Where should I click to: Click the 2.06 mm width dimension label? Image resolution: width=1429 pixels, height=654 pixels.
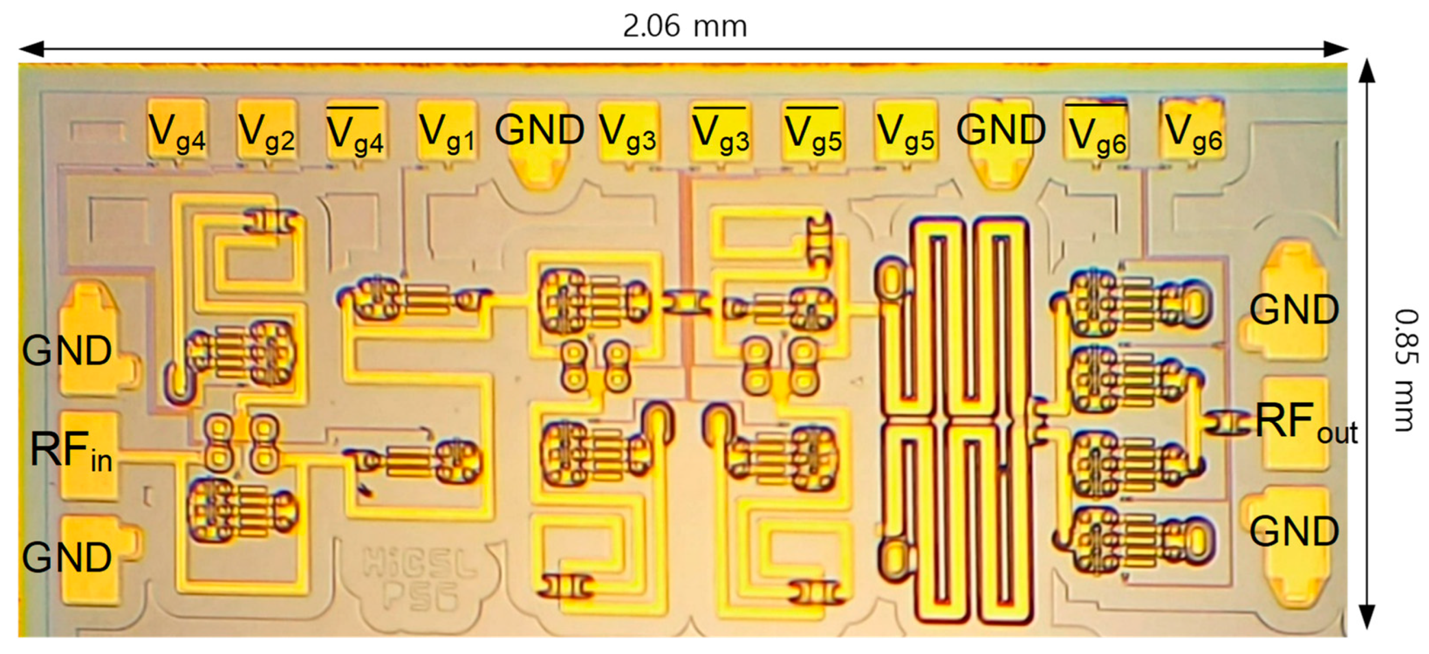point(685,26)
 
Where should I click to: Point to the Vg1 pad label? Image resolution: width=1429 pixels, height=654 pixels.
point(447,133)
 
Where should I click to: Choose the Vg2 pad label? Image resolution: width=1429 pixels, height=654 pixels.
point(266,133)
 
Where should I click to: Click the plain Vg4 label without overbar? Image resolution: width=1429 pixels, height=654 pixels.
point(177,133)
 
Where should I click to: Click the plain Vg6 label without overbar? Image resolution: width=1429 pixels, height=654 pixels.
point(1193,133)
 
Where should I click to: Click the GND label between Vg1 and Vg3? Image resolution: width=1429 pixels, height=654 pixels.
point(539,130)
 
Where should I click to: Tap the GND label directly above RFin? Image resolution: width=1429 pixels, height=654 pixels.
point(67,350)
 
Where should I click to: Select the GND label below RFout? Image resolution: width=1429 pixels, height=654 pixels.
point(1294,531)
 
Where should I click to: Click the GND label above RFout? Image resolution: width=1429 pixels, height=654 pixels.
point(1294,310)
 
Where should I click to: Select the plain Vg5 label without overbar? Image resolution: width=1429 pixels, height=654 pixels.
point(906,133)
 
